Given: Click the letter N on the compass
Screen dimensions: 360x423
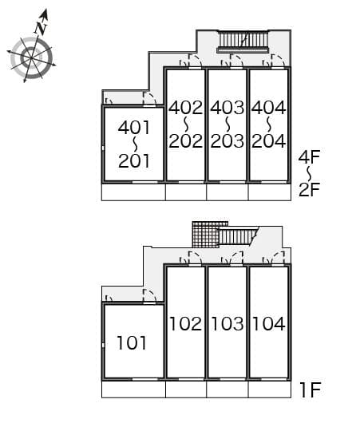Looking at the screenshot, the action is (41, 28).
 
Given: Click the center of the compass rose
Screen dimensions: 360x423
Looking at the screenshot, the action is (31, 57).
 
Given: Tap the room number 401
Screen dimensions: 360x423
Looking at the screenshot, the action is (134, 128).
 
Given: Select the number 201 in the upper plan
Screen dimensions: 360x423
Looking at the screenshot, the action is (134, 161).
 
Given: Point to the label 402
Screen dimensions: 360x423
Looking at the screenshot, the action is (186, 108).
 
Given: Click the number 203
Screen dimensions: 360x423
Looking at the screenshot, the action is (227, 140).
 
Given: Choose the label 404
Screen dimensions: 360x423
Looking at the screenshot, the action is (268, 108).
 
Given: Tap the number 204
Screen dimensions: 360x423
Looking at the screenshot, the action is (268, 140).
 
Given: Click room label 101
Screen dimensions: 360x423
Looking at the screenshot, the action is (132, 343).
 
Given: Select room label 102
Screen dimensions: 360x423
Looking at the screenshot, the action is (186, 324).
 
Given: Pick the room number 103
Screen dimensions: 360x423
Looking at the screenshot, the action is (227, 324).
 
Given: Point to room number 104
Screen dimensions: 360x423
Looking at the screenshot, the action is (269, 324).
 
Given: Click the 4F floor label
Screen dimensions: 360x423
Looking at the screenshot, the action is (309, 156).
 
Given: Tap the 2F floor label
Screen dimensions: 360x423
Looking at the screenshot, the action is (309, 189).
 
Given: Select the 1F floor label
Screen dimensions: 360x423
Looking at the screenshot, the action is (311, 389).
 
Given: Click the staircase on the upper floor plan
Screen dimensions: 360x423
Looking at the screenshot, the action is (243, 41).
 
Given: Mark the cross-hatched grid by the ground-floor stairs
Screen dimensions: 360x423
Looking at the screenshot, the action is (206, 235).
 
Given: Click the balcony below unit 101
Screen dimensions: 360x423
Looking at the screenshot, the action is (133, 389).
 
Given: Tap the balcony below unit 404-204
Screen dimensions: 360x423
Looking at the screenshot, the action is (270, 192).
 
